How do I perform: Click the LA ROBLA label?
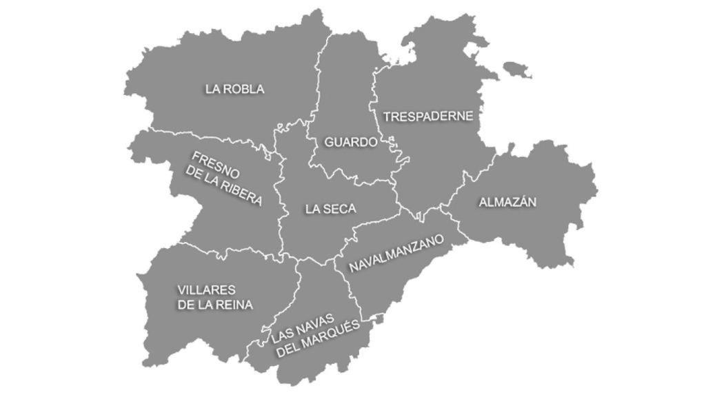tap(234, 89)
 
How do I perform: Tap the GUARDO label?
tap(351, 142)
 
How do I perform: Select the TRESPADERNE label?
tap(428, 116)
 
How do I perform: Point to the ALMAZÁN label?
tap(507, 202)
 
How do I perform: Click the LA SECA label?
tap(331, 209)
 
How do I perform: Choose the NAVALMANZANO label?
tap(396, 253)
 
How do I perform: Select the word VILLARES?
tap(206, 289)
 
